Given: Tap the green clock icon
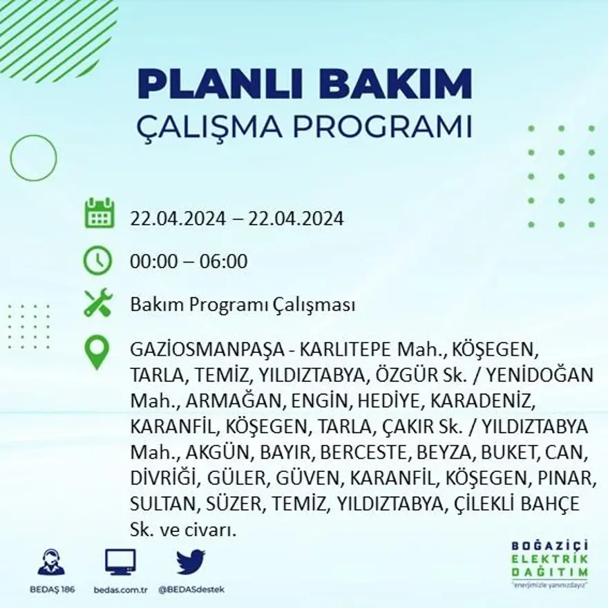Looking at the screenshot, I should tap(97, 260).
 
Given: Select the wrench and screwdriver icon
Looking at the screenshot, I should tap(97, 303).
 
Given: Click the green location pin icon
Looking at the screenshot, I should tap(97, 352).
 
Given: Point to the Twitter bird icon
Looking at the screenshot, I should tap(190, 562).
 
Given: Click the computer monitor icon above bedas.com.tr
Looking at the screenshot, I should tap(120, 562).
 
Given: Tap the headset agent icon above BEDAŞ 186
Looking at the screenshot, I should tap(51, 562).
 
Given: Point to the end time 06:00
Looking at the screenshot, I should tap(224, 262).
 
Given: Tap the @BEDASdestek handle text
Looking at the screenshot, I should tap(191, 589).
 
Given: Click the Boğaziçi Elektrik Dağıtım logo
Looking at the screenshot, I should tap(550, 562).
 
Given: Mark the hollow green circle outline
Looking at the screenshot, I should tap(33, 158).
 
